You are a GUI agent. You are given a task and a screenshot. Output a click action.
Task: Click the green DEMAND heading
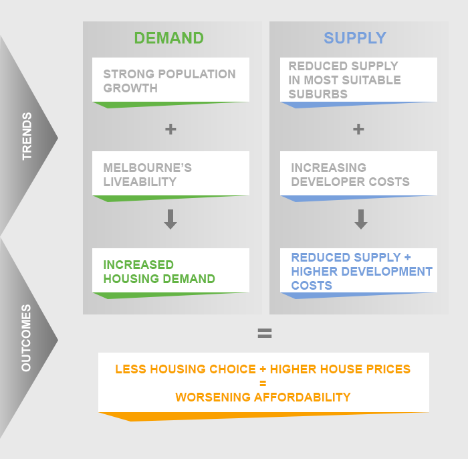point(169,38)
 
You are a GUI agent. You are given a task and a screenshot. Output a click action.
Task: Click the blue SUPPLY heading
point(355,38)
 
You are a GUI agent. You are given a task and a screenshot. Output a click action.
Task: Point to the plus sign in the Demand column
point(170,129)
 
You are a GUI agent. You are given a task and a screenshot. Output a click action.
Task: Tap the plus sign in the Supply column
point(358,129)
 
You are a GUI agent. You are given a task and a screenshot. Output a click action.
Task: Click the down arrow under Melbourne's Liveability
point(170,219)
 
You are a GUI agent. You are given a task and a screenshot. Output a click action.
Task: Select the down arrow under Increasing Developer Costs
point(361,219)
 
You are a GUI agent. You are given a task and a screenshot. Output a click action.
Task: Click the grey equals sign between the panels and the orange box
point(265,333)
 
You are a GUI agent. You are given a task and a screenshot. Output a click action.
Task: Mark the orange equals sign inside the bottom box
point(263,383)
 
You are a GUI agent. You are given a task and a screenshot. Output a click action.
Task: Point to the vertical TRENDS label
point(27,136)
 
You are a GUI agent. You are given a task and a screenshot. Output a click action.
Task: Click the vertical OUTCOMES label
point(26,338)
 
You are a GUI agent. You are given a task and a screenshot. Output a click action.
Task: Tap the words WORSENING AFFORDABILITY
point(263,397)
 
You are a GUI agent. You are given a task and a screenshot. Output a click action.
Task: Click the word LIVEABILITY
point(140,182)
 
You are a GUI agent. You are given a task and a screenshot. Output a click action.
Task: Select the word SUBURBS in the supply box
point(318,94)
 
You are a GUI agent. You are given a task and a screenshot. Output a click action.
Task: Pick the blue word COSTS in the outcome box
point(312,286)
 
